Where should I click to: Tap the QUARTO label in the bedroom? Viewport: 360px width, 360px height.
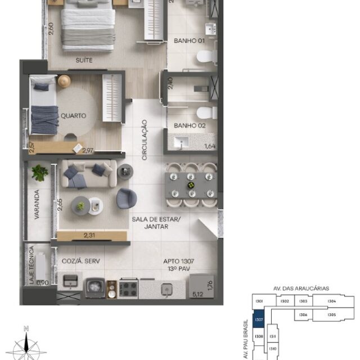point(73,116)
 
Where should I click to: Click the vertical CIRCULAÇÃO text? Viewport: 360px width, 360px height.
point(145,140)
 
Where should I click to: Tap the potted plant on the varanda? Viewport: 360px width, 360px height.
point(40,172)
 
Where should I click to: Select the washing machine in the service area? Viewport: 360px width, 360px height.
point(94,289)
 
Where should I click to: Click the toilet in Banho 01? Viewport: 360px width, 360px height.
point(205,56)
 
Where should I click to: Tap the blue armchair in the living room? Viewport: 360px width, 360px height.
point(126,198)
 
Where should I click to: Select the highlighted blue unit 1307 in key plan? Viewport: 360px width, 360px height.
point(259,320)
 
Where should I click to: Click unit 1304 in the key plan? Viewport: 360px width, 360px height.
point(331,301)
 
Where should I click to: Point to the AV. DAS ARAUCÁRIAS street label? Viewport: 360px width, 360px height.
point(300,289)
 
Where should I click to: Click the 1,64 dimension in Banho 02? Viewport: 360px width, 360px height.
point(209,147)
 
